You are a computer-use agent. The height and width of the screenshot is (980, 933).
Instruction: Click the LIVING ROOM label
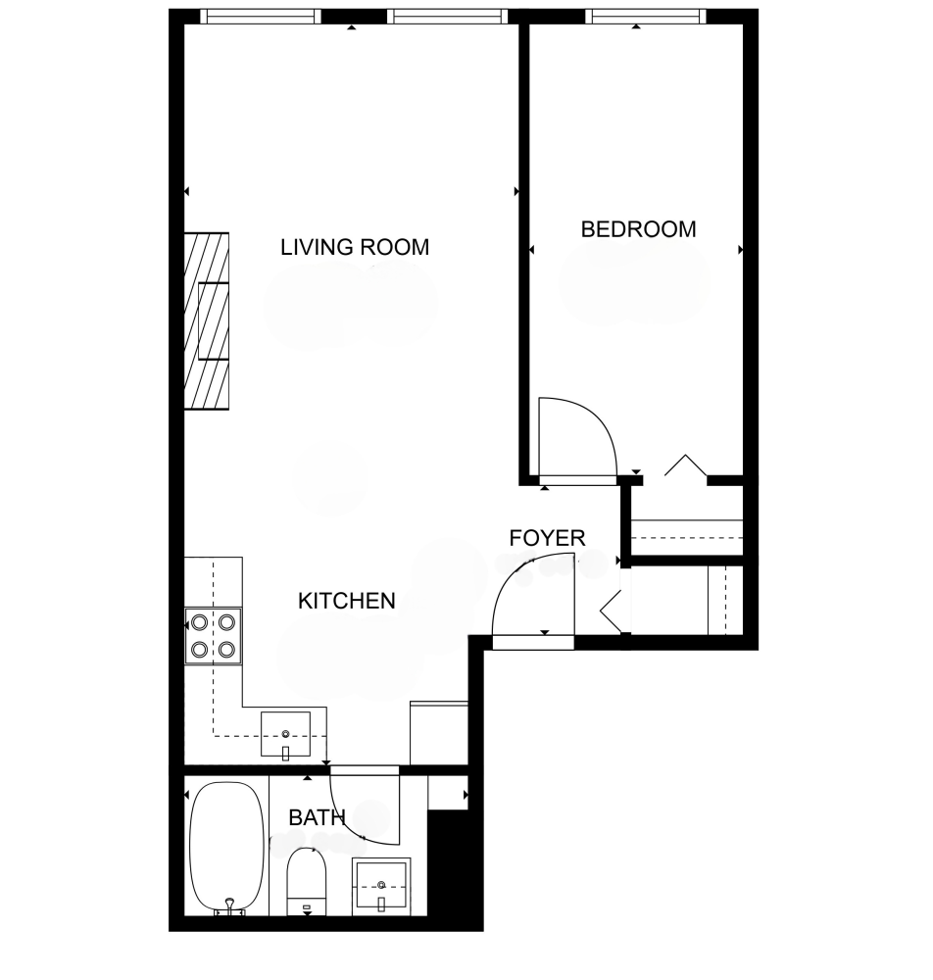click(x=355, y=248)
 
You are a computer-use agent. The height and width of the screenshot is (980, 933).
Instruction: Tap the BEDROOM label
click(x=638, y=229)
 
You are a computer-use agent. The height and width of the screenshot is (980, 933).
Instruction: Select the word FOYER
click(x=547, y=538)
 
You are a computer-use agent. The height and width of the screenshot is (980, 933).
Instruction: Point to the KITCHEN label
click(x=347, y=601)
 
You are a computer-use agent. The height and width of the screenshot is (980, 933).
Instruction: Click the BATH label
click(x=317, y=817)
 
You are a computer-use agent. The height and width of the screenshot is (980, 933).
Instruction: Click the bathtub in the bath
click(x=226, y=848)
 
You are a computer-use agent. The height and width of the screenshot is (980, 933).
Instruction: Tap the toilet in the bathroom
click(x=306, y=881)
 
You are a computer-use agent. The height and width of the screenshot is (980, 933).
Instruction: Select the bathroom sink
click(x=381, y=885)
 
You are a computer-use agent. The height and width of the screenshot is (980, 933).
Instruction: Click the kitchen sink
click(x=285, y=734)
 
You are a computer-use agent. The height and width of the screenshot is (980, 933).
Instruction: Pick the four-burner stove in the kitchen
click(x=213, y=636)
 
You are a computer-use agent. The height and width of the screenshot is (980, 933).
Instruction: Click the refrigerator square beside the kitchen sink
click(x=439, y=732)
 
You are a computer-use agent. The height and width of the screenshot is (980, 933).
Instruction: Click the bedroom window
click(x=646, y=17)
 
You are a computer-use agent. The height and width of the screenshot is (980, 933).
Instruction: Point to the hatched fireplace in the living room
click(x=207, y=321)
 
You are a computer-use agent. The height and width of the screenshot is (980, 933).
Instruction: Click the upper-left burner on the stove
click(x=199, y=622)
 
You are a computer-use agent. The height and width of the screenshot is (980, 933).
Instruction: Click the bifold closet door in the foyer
click(x=611, y=611)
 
